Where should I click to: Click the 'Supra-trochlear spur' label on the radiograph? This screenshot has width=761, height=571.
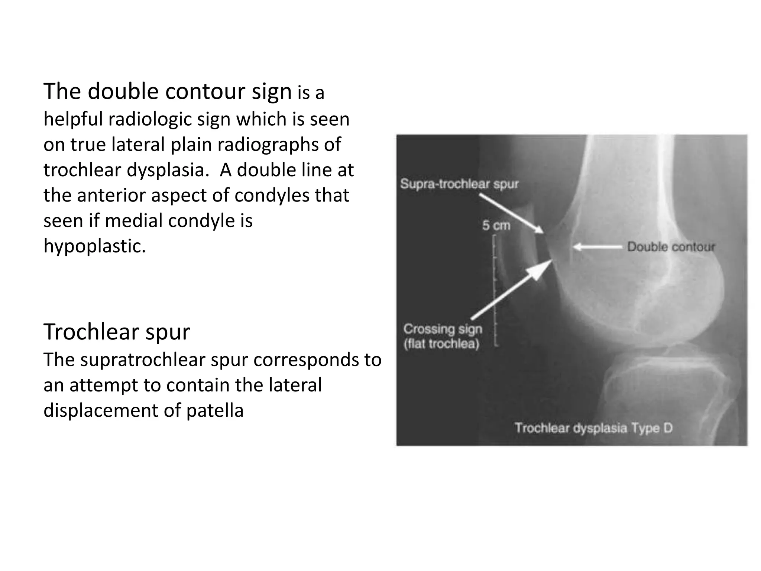[x=459, y=184]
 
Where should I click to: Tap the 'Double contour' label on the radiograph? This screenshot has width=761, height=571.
[x=671, y=246]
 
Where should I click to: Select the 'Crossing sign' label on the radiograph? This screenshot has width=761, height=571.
[x=443, y=329]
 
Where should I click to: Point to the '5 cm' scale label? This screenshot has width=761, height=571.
[x=496, y=225]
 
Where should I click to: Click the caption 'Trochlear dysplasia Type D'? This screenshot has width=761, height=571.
[x=593, y=428]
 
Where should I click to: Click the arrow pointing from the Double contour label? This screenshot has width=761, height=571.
[x=598, y=246]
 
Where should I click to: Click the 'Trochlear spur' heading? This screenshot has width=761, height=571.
[x=117, y=332]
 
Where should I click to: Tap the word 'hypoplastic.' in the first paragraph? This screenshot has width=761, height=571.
[x=95, y=246]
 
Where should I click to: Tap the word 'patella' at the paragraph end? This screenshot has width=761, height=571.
[x=215, y=410]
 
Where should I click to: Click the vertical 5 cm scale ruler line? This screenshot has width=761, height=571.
[x=495, y=290]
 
